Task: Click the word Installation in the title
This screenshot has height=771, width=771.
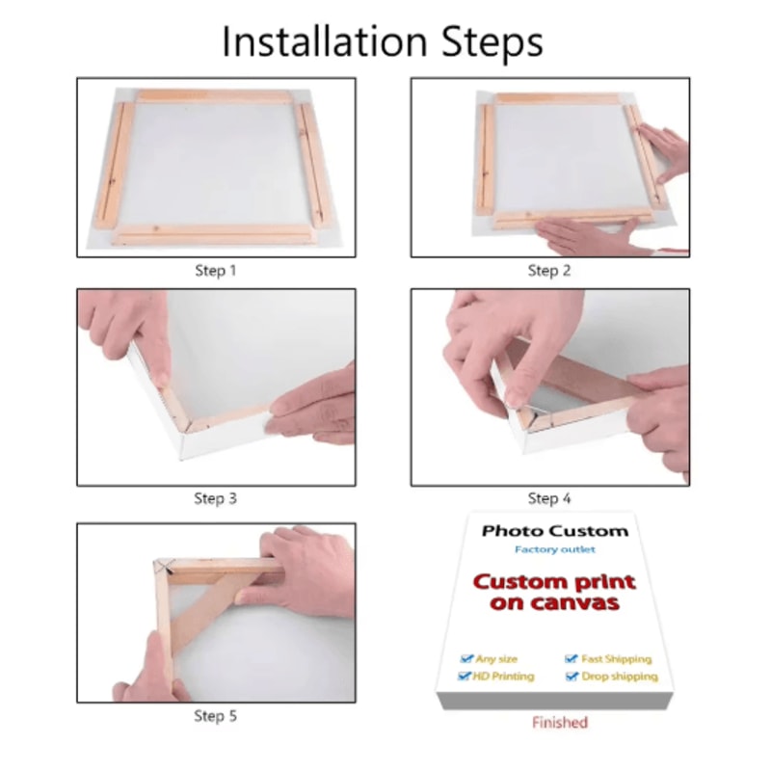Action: tap(325, 41)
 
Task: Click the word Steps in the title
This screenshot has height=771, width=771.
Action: tap(492, 43)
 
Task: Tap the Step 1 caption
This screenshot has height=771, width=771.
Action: tap(216, 271)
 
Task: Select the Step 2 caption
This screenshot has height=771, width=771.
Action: tap(549, 271)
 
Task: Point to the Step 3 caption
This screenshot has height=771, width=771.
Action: tap(215, 498)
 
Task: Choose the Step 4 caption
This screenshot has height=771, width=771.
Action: tap(549, 498)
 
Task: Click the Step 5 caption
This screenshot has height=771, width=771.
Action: tap(215, 716)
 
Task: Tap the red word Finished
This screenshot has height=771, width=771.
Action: tap(560, 722)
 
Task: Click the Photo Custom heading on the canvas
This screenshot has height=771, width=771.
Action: tap(555, 531)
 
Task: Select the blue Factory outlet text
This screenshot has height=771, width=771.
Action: tap(555, 549)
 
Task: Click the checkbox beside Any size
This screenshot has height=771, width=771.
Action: tap(466, 658)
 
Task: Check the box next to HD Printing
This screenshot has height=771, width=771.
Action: tap(464, 677)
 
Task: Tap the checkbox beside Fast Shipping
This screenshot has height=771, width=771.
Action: tap(571, 658)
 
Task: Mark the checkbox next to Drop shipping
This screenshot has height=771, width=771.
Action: tap(572, 677)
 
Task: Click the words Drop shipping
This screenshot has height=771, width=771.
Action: tap(620, 678)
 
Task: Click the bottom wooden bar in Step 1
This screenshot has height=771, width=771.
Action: tap(214, 234)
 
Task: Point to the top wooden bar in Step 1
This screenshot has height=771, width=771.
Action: tap(214, 95)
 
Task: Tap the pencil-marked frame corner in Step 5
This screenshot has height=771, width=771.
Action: tap(163, 568)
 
